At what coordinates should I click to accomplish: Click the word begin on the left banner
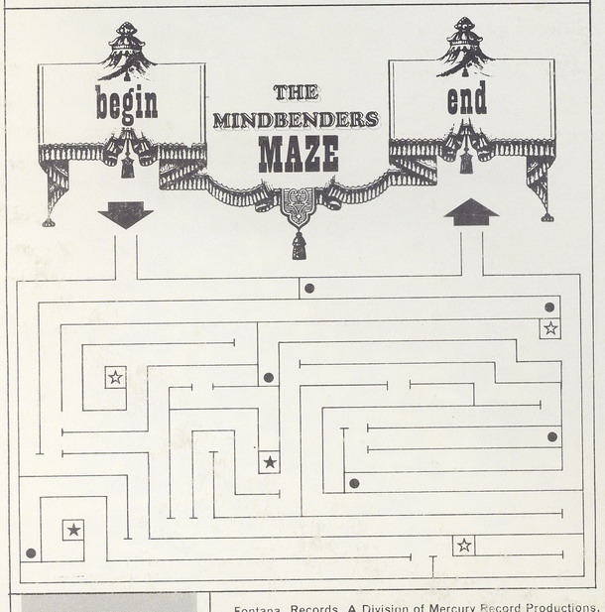pyautogui.click(x=126, y=101)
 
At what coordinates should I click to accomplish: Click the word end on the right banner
pyautogui.click(x=466, y=99)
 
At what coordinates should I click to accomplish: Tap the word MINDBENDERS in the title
pyautogui.click(x=295, y=121)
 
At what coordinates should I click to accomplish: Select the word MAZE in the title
pyautogui.click(x=298, y=154)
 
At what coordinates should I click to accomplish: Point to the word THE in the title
pyautogui.click(x=295, y=92)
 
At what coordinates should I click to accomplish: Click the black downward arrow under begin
pyautogui.click(x=126, y=215)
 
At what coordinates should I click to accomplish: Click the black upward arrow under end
pyautogui.click(x=471, y=212)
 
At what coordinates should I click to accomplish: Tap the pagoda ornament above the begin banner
pyautogui.click(x=126, y=50)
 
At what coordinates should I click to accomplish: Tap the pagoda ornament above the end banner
pyautogui.click(x=466, y=47)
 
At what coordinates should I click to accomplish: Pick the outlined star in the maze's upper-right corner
pyautogui.click(x=550, y=328)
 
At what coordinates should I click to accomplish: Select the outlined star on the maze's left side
pyautogui.click(x=115, y=377)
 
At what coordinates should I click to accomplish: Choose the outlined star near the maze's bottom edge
pyautogui.click(x=463, y=545)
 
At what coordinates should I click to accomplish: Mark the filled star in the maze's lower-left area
pyautogui.click(x=73, y=530)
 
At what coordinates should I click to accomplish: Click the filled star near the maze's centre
pyautogui.click(x=269, y=461)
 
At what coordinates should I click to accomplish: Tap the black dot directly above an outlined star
pyautogui.click(x=550, y=307)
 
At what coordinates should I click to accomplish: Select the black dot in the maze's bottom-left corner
pyautogui.click(x=32, y=552)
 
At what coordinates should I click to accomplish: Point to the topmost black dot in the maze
pyautogui.click(x=309, y=288)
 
